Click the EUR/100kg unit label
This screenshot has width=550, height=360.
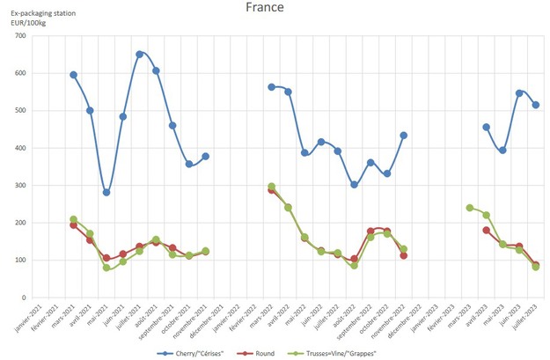(x=28, y=21)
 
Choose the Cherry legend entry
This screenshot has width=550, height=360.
(x=199, y=352)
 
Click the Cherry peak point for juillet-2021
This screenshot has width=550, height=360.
(x=139, y=54)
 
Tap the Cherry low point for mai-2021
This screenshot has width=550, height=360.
(x=106, y=192)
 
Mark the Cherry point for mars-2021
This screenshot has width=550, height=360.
(x=74, y=75)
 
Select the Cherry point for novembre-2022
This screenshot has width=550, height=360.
(x=403, y=136)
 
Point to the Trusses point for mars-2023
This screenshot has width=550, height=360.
(x=469, y=208)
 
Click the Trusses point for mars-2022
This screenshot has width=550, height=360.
(x=271, y=187)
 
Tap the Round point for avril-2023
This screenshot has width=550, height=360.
(x=486, y=230)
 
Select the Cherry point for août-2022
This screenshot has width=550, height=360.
(x=354, y=185)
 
